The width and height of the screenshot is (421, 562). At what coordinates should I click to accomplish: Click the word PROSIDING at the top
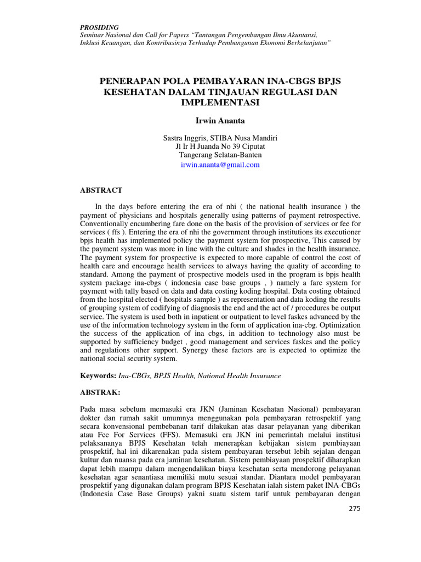coord(99,27)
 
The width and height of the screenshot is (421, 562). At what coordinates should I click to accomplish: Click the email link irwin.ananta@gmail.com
coord(220,164)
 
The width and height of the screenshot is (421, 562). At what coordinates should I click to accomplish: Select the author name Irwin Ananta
coord(220,120)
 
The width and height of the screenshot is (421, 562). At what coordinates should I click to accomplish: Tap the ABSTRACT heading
coord(101,190)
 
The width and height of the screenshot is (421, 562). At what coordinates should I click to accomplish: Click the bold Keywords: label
coord(99,376)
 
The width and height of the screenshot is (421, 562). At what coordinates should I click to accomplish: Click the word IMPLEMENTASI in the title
coord(220,102)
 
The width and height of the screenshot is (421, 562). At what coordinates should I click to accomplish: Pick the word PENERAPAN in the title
coord(128,81)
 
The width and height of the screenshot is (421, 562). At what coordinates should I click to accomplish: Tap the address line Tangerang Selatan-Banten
coord(220,155)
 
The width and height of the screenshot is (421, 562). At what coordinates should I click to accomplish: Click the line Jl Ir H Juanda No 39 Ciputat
coord(220,146)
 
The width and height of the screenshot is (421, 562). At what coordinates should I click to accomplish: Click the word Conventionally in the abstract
coord(106,224)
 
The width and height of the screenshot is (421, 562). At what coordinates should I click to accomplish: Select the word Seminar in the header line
coord(94,35)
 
